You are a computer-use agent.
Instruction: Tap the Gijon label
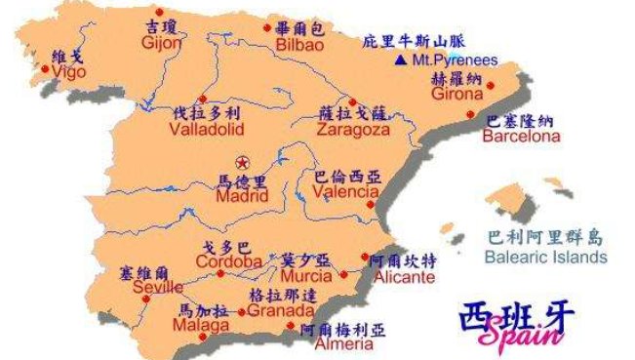tap(162, 44)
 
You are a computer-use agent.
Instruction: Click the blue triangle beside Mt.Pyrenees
tap(400, 60)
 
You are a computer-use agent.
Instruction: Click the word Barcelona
tap(522, 138)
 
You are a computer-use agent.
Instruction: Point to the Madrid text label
tap(241, 196)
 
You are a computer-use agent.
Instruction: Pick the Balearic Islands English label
tap(546, 258)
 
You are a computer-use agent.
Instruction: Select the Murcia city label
tap(307, 275)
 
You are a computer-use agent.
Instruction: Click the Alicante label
tap(398, 277)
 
